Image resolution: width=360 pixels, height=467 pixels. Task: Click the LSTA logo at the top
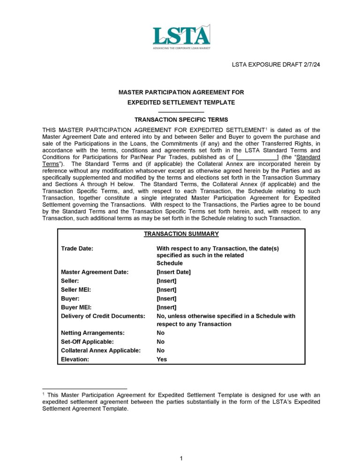tap(181, 37)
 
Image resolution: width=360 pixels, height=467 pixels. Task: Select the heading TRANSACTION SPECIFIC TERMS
tap(181, 120)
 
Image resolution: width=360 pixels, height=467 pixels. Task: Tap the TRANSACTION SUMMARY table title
tap(181, 234)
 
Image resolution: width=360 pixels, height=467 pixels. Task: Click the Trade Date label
tap(77, 248)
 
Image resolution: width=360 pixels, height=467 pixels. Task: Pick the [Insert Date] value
tap(173, 272)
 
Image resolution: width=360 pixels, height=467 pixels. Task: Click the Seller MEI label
tap(76, 290)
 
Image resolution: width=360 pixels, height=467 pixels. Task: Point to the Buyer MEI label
tap(76, 307)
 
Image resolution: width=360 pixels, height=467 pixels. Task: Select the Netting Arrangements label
tap(93, 333)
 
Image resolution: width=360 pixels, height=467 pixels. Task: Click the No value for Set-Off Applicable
tap(160, 342)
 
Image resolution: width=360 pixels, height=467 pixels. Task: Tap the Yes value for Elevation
tap(161, 360)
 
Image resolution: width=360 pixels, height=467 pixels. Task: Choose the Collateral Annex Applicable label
tap(101, 351)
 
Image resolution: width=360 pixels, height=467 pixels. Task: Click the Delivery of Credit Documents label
tap(103, 316)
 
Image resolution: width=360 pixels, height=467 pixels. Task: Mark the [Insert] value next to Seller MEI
tap(166, 290)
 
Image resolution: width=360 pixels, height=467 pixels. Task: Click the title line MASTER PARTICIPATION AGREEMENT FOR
tap(181, 93)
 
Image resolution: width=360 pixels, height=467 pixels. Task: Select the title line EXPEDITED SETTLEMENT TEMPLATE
tap(181, 102)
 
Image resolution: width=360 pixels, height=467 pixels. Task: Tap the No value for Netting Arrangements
tap(160, 333)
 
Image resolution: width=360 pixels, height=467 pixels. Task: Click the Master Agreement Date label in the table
tap(95, 272)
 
